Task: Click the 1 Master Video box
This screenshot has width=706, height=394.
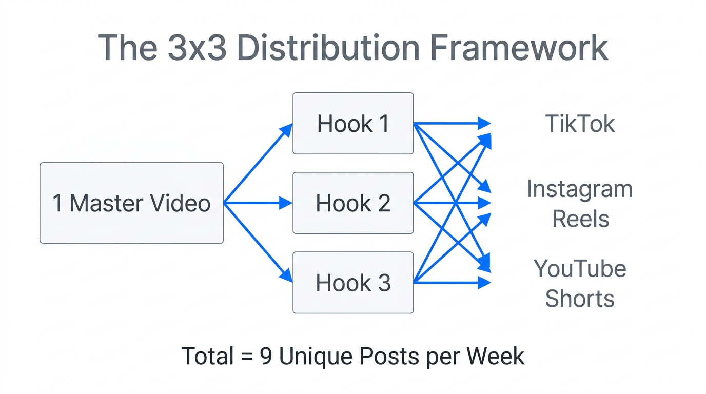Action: (131, 203)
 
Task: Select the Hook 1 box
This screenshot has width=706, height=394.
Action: (353, 124)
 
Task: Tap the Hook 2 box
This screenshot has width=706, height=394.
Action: (353, 203)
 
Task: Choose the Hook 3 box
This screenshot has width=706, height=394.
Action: (353, 283)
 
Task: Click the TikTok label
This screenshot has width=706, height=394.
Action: (580, 124)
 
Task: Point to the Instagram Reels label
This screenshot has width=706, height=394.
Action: (580, 204)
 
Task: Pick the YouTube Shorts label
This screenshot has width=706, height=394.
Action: (580, 283)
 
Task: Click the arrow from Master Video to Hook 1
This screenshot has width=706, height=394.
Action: (258, 163)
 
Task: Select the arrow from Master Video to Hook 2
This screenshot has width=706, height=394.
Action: (258, 203)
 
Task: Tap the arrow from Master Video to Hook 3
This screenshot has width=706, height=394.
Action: (258, 242)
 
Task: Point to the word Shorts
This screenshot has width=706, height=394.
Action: (580, 299)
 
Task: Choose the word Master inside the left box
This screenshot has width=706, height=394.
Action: (105, 203)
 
